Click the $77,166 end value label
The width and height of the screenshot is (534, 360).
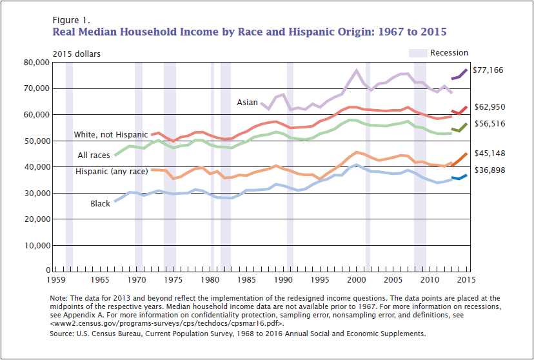pos(488,70)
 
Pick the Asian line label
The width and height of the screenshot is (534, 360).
pos(247,103)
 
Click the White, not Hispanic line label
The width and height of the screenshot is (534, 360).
pos(111,135)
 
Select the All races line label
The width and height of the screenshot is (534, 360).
pos(94,155)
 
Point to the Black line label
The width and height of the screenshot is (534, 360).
pos(100,204)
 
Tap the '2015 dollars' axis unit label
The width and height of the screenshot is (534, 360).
pos(76,54)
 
